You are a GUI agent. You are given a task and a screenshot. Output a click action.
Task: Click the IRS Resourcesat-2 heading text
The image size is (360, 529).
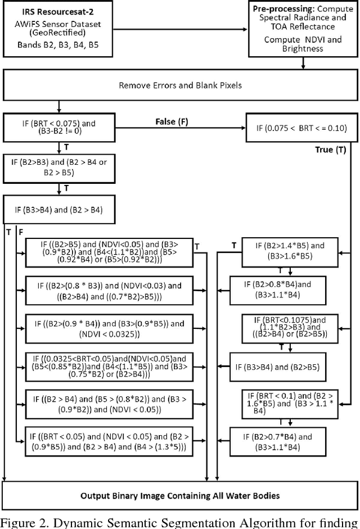click(x=54, y=11)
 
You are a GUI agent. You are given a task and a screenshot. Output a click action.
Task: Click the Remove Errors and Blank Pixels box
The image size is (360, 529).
click(x=179, y=85)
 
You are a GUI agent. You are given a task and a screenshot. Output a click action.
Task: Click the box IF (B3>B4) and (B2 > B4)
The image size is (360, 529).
click(x=57, y=211)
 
